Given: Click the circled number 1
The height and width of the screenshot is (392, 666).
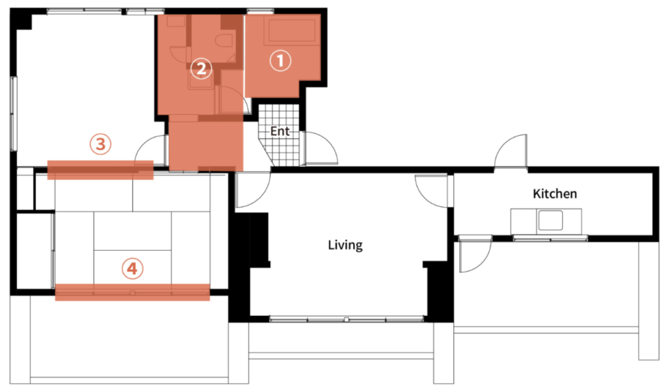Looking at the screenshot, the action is coord(280,60).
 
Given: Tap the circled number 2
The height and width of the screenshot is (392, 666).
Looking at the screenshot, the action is coord(201,68).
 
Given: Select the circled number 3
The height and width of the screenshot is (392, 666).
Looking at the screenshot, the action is coord(100,144).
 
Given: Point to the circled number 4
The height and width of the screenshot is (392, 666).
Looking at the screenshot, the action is coord(133,268).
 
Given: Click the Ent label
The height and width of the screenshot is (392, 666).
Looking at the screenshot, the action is coord(280,131).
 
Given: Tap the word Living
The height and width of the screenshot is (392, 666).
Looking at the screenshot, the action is coord(345,245).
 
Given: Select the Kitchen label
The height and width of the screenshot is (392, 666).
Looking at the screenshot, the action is coord(555,194).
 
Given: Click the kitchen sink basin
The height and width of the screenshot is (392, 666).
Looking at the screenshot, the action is coord(550,220).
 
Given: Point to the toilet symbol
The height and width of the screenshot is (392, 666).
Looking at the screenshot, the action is coord(224,41).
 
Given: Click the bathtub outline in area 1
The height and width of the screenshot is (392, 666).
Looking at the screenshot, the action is coord(291,30).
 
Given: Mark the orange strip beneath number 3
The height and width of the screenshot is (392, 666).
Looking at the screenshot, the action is coord(100,170).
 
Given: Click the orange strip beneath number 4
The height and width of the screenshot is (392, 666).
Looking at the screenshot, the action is coord(133,292).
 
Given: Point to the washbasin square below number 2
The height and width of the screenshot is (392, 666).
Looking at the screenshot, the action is coord(200,81).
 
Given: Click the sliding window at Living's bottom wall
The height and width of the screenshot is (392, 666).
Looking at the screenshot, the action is coord(347,319).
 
